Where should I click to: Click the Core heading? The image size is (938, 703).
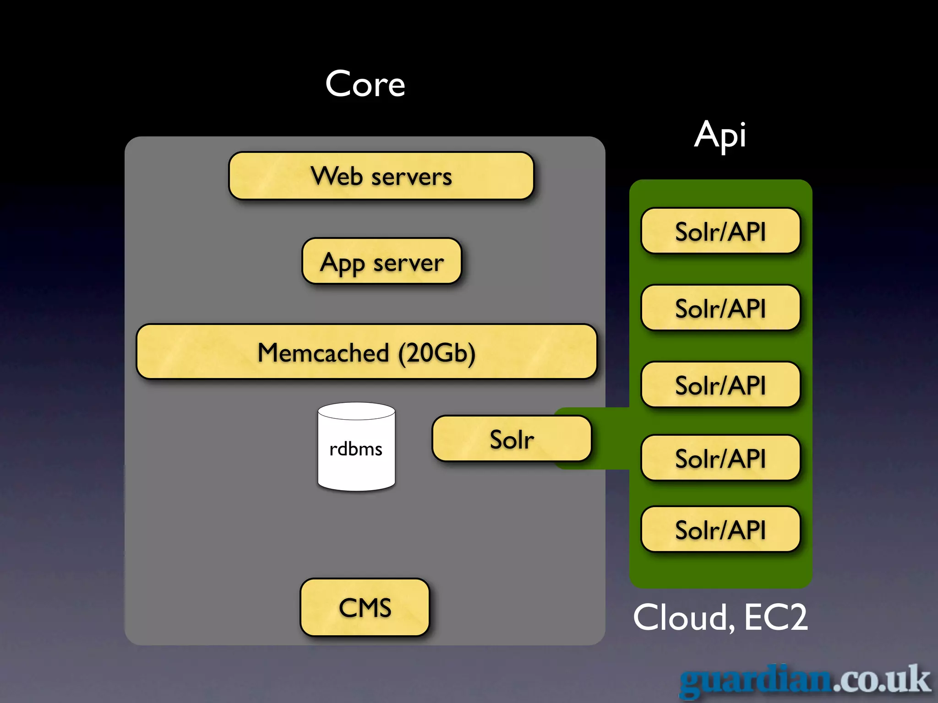[365, 85]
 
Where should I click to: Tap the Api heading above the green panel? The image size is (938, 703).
[720, 135]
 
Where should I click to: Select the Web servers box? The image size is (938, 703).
[381, 176]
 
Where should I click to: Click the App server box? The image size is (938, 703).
[382, 261]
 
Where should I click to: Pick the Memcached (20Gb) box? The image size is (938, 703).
[366, 352]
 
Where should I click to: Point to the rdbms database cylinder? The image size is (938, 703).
[356, 447]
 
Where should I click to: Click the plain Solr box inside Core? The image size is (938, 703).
[512, 439]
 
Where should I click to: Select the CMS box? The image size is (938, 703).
[365, 607]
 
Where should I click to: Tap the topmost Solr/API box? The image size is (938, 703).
[720, 231]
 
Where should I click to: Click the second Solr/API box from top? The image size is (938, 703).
[720, 308]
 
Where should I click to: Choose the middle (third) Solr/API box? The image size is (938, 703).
[720, 385]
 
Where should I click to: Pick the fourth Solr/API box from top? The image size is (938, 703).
[720, 458]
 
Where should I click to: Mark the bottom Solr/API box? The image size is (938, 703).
[720, 530]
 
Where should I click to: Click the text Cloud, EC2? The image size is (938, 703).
[720, 617]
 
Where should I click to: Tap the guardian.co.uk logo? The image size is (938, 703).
[804, 681]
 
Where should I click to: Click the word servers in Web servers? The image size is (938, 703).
[411, 177]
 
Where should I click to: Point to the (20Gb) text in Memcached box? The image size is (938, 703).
[436, 353]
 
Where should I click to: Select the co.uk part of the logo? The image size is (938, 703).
[881, 680]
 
